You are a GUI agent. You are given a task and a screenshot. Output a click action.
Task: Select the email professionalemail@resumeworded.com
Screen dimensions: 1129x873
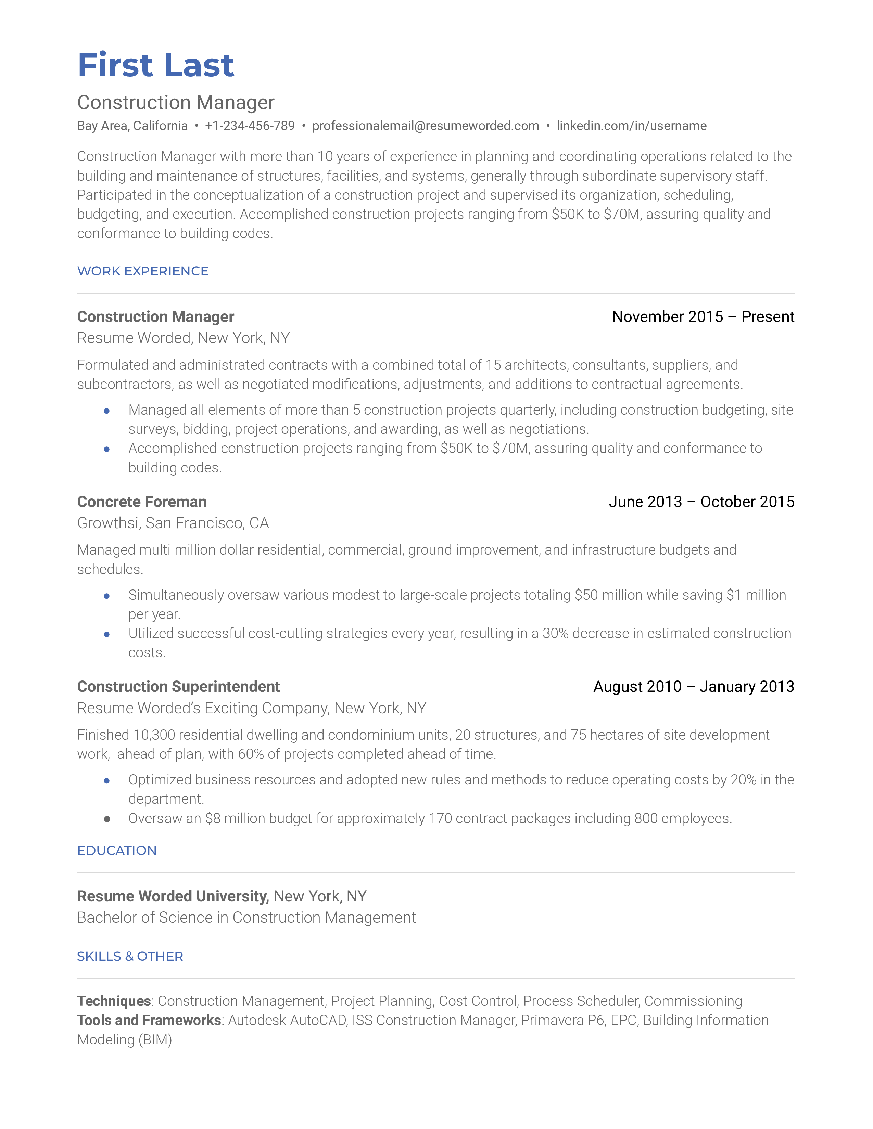click(425, 126)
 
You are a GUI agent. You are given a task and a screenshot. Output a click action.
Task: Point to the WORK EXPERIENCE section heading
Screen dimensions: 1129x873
click(143, 271)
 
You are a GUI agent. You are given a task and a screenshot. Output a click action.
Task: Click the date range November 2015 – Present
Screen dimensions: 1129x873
click(703, 316)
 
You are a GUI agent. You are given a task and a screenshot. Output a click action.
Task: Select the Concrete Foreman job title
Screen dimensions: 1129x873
click(142, 502)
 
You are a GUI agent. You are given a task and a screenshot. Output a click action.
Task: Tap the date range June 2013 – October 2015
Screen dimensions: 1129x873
click(701, 502)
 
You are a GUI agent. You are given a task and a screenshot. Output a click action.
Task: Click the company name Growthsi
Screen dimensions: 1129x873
click(107, 523)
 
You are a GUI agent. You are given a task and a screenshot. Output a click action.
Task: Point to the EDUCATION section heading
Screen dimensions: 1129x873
click(117, 851)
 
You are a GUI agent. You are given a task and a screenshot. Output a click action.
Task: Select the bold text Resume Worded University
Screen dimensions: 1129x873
click(173, 896)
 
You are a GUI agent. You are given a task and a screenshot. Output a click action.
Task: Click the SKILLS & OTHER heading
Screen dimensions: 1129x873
click(130, 956)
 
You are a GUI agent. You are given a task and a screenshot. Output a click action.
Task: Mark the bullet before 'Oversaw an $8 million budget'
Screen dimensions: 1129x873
click(107, 819)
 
